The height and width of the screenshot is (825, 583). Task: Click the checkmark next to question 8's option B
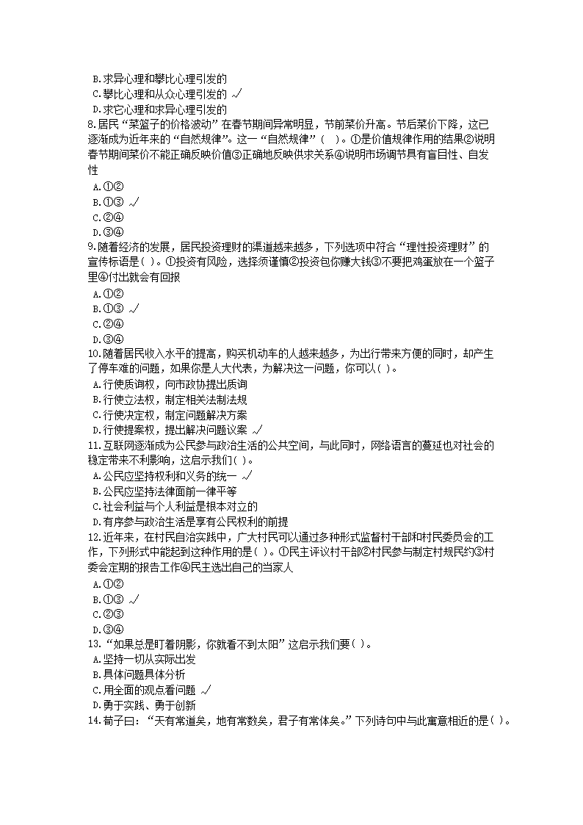click(x=133, y=202)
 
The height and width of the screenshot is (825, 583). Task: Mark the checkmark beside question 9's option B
click(x=133, y=309)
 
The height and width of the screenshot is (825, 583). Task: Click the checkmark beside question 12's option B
click(x=133, y=599)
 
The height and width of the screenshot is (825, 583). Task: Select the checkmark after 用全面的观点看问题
click(x=206, y=691)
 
